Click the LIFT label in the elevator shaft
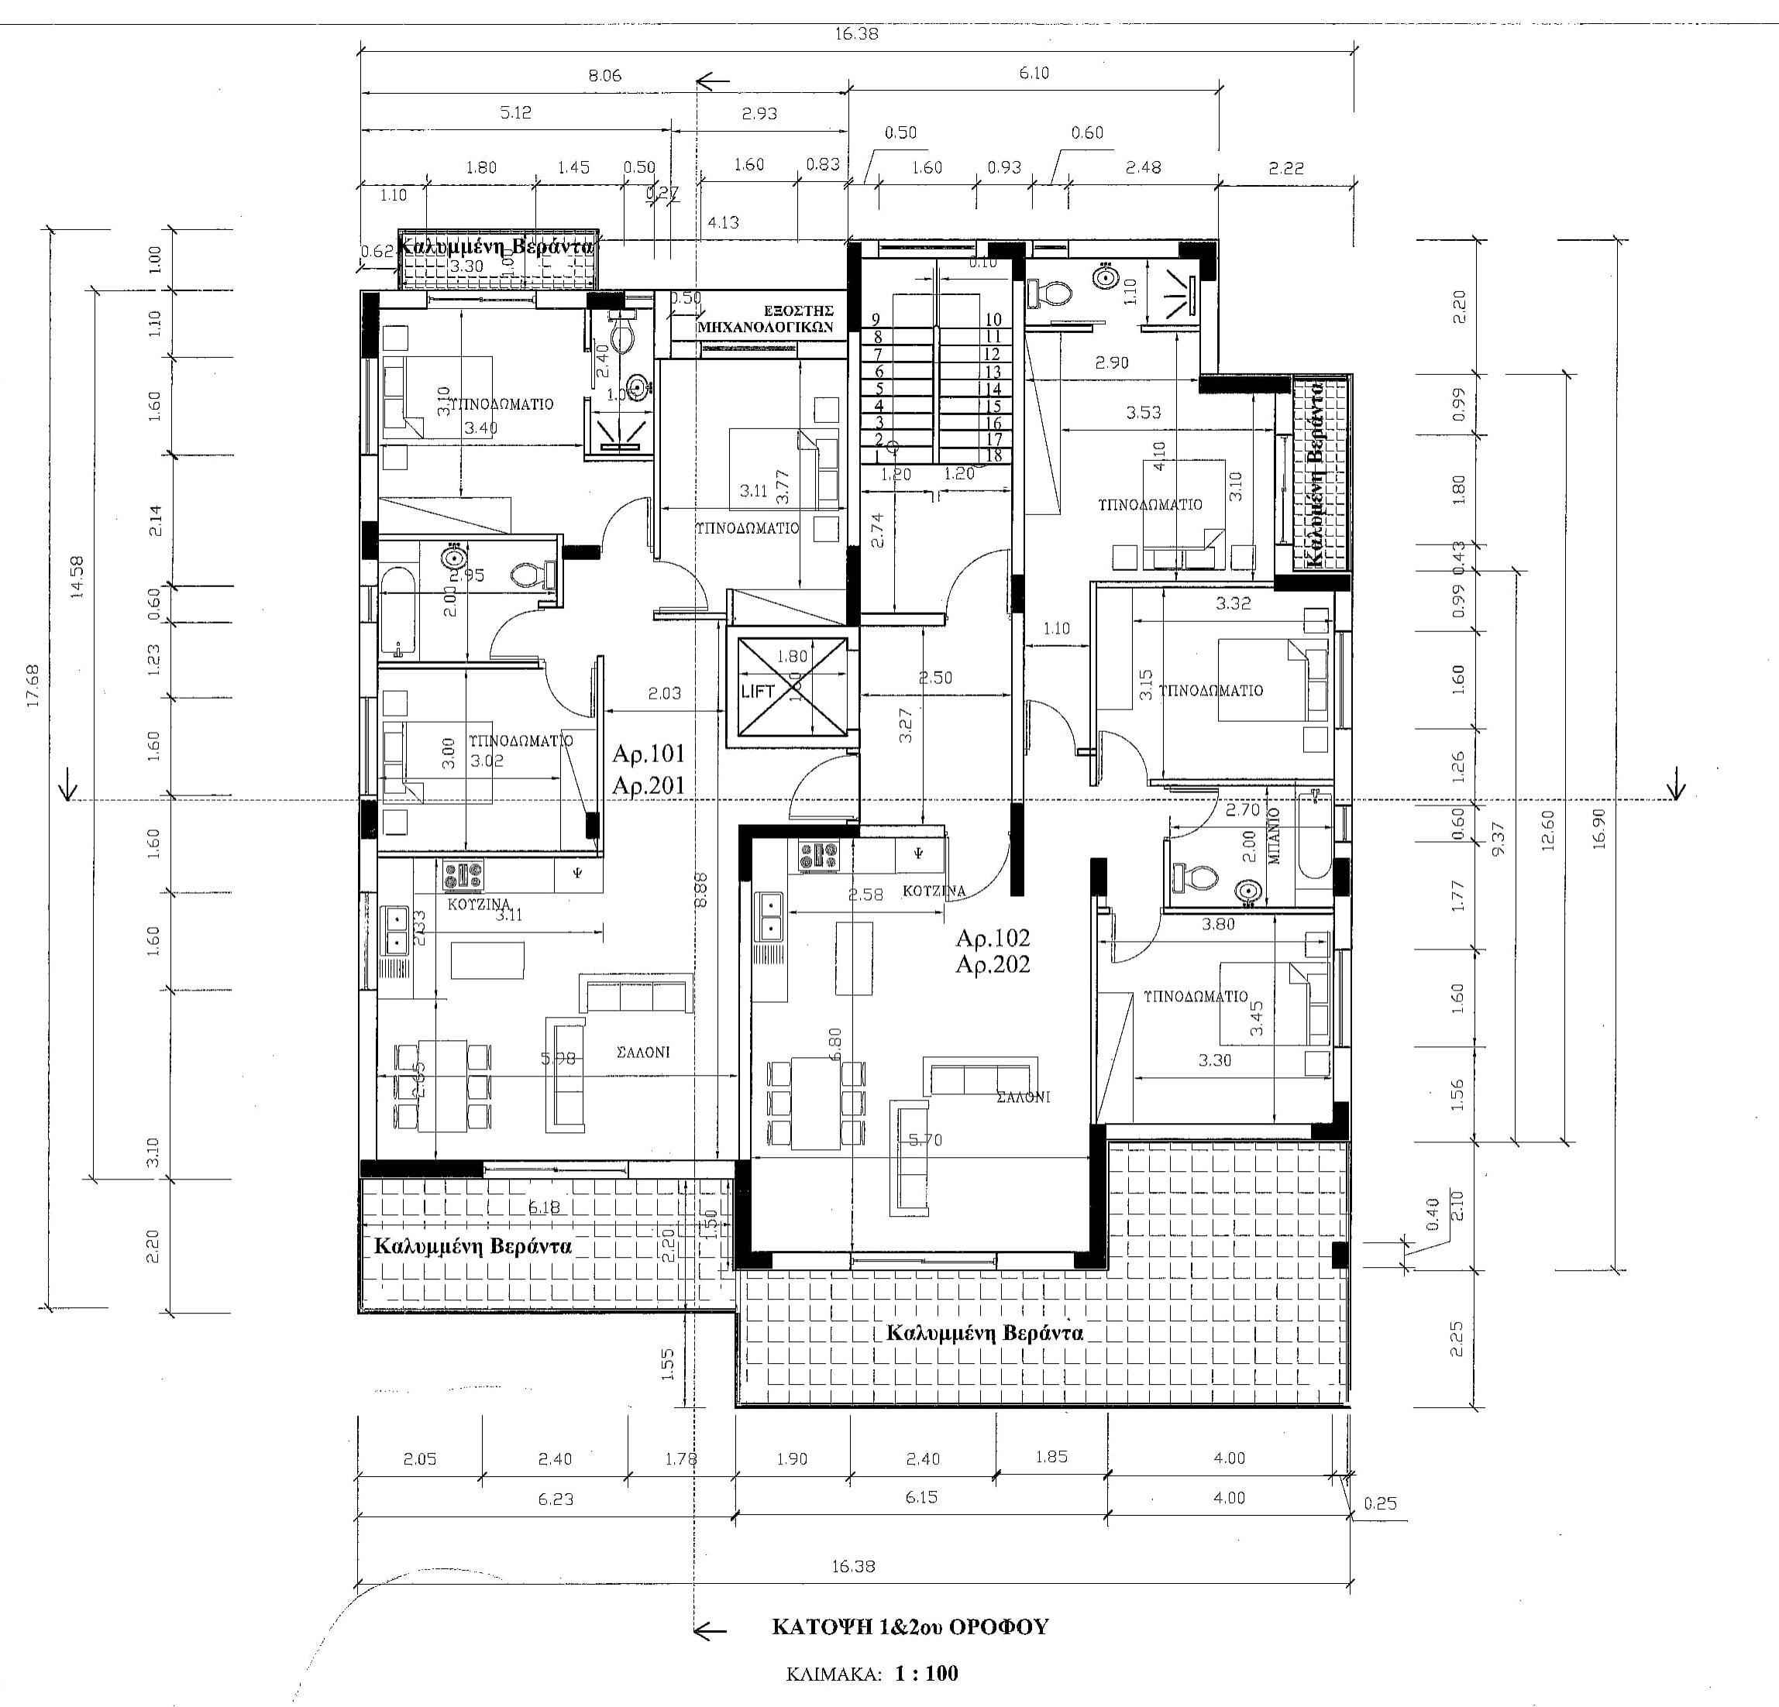[x=758, y=691]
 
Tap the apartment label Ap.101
[x=648, y=754]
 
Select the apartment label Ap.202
[x=993, y=965]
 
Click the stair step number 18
[x=994, y=455]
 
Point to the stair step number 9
[x=876, y=319]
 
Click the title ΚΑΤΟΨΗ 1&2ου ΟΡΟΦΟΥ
[x=910, y=1626]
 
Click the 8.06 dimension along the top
[x=604, y=75]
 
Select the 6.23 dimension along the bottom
[x=555, y=1499]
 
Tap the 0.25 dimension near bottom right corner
[x=1380, y=1504]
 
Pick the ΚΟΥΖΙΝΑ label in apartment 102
[x=934, y=891]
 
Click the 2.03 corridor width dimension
[x=664, y=693]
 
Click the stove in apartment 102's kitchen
[x=819, y=856]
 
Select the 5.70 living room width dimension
[x=925, y=1140]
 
